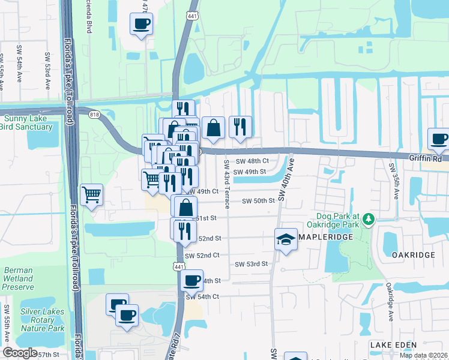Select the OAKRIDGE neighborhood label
point(413,255)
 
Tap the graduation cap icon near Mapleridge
point(286,239)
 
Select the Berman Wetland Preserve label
point(18,278)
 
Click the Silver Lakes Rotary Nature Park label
point(42,320)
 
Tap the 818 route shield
point(94,115)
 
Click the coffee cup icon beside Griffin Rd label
point(439,139)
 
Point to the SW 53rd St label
point(251,264)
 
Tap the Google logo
point(20,353)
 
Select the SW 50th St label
point(258,201)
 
